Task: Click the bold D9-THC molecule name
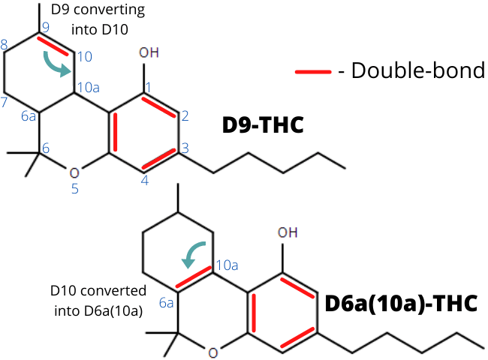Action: click(x=263, y=125)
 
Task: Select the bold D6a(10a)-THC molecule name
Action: click(x=401, y=304)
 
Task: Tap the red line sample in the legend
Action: click(x=313, y=72)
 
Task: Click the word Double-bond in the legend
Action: click(x=418, y=70)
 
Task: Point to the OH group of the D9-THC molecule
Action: click(x=149, y=52)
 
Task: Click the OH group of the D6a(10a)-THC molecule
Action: click(x=288, y=232)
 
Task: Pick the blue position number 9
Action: click(x=46, y=27)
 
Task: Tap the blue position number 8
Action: click(x=4, y=44)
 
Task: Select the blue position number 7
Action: click(x=4, y=102)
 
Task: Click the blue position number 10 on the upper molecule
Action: click(x=85, y=56)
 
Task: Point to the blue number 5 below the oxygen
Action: click(x=74, y=189)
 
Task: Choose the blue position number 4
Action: click(x=145, y=180)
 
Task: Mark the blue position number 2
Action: click(x=185, y=116)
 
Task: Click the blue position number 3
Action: click(x=185, y=148)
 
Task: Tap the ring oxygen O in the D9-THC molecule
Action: click(x=74, y=173)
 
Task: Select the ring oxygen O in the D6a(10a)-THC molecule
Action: click(x=213, y=353)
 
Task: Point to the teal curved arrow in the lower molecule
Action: click(x=192, y=250)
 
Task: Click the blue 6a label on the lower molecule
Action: click(x=166, y=302)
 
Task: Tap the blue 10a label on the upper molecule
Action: click(x=89, y=88)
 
